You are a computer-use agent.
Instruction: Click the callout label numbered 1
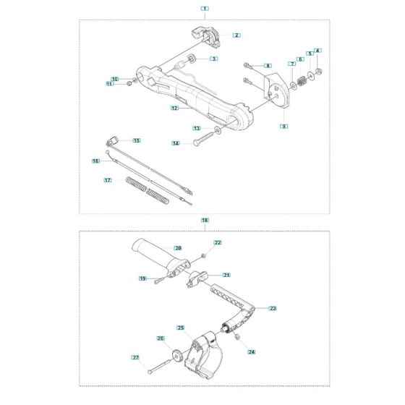(205, 9)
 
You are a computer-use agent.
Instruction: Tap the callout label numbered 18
(205, 220)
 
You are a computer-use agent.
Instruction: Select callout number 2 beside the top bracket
(236, 35)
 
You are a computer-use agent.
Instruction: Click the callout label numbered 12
(175, 108)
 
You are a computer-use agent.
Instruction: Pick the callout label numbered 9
(283, 126)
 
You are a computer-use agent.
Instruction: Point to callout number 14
(176, 143)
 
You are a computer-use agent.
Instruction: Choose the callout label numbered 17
(108, 180)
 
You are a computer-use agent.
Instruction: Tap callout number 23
(273, 308)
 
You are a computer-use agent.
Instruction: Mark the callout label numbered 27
(135, 357)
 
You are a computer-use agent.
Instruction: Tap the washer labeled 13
(218, 129)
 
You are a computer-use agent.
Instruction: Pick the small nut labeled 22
(203, 256)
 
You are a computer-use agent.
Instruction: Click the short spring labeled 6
(301, 81)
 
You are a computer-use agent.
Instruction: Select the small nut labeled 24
(236, 337)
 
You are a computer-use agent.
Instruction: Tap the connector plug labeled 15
(112, 141)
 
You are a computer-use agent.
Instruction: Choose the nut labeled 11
(129, 84)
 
